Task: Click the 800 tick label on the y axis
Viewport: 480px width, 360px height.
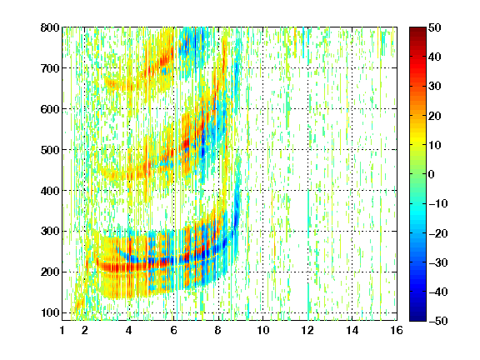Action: tap(50, 27)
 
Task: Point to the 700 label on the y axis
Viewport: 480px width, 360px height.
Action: tap(50, 68)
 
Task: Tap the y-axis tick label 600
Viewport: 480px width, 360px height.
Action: tap(50, 109)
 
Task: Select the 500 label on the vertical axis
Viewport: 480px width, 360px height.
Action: tap(50, 150)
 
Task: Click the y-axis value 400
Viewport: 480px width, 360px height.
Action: tap(50, 191)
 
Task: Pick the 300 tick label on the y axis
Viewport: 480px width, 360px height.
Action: tap(50, 232)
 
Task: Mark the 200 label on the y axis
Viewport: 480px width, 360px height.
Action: tap(50, 272)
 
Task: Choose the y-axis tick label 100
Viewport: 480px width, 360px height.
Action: tap(50, 313)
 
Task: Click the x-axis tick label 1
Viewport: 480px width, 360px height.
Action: tap(62, 331)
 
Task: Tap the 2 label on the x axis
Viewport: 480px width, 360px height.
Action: tap(85, 331)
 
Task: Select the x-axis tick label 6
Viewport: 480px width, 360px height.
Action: tap(174, 331)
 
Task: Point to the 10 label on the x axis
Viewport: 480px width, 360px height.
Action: tap(263, 331)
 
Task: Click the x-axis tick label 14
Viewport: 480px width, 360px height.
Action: tap(352, 331)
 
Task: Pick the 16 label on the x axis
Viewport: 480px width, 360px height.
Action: tap(397, 331)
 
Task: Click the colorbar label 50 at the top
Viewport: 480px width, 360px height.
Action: tap(434, 27)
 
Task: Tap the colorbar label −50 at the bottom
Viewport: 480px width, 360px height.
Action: tap(438, 321)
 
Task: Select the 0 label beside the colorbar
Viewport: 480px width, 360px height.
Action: tap(432, 174)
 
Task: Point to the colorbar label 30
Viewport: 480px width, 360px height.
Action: tap(434, 87)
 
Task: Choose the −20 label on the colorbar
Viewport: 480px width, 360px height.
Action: tap(438, 233)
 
